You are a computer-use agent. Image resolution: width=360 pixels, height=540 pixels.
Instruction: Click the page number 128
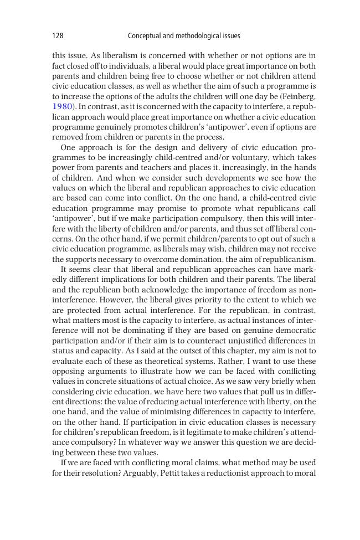[58, 36]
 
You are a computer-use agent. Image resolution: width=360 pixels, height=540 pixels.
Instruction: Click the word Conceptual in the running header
[145, 36]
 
